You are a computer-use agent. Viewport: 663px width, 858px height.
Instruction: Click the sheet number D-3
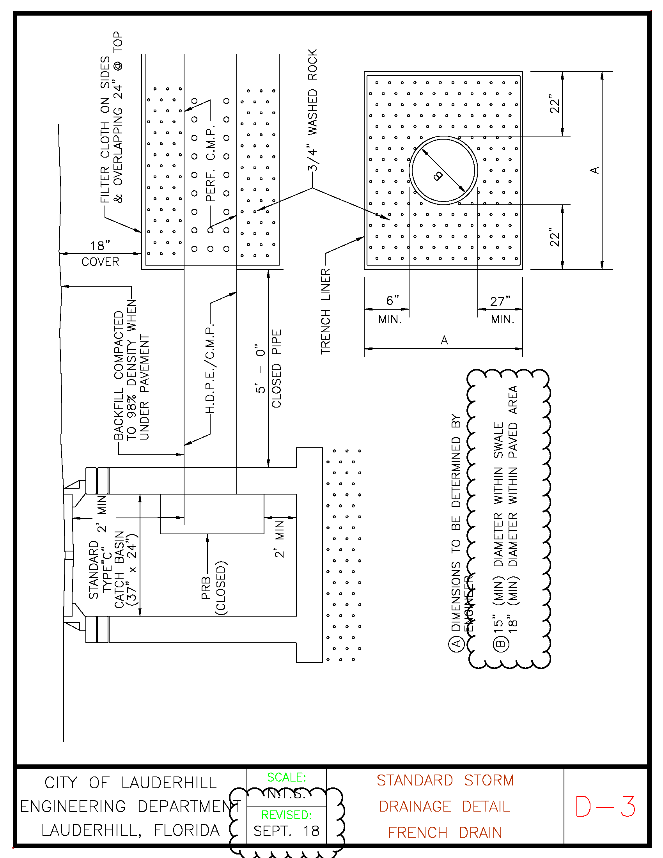(605, 807)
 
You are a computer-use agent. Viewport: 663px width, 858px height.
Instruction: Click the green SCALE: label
(286, 777)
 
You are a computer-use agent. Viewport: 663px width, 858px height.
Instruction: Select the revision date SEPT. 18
(286, 831)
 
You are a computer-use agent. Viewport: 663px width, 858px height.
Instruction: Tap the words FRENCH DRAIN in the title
(445, 833)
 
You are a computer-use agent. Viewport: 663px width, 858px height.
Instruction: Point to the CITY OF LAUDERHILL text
(130, 783)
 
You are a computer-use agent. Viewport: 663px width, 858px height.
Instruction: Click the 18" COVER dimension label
(100, 253)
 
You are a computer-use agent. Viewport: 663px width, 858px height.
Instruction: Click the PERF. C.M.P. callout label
(211, 163)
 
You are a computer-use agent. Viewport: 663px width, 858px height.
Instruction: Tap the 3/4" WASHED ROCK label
(312, 110)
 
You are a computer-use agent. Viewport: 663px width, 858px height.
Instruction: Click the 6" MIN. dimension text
(391, 310)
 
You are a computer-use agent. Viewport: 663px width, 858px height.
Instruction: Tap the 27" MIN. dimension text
(501, 310)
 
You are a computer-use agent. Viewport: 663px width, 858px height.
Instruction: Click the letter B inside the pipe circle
(438, 175)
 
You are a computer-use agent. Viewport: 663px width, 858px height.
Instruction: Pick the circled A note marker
(456, 643)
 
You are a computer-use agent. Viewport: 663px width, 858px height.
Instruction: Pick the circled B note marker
(500, 643)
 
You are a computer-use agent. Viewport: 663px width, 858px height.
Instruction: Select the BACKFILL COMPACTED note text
(131, 369)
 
